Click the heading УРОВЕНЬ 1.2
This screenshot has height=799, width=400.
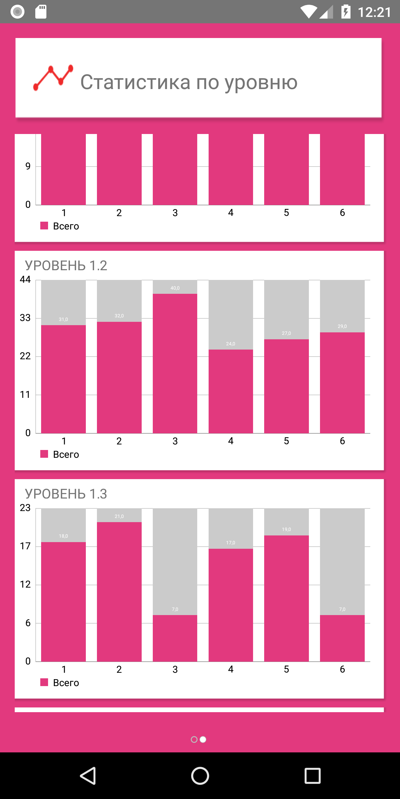point(66,266)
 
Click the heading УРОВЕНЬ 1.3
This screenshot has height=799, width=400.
point(66,494)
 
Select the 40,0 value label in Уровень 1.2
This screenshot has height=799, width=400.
point(175,288)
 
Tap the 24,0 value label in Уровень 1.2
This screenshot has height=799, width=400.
point(231,344)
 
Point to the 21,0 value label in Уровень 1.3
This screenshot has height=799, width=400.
point(119,516)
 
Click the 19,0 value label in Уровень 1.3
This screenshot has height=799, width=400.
point(286,529)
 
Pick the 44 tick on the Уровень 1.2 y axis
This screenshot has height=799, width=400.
point(25,279)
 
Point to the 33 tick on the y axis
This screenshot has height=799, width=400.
point(25,318)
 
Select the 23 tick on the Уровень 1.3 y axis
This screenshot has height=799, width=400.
point(25,508)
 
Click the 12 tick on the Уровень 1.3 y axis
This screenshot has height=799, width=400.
point(25,584)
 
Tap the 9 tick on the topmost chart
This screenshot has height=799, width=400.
point(28,166)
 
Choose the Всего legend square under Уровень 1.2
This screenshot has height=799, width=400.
point(44,454)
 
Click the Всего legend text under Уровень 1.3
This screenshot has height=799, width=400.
point(66,683)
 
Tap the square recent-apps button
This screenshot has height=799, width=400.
point(312,776)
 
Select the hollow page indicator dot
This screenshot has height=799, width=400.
point(194,739)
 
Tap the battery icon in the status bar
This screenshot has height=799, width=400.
point(346,12)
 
